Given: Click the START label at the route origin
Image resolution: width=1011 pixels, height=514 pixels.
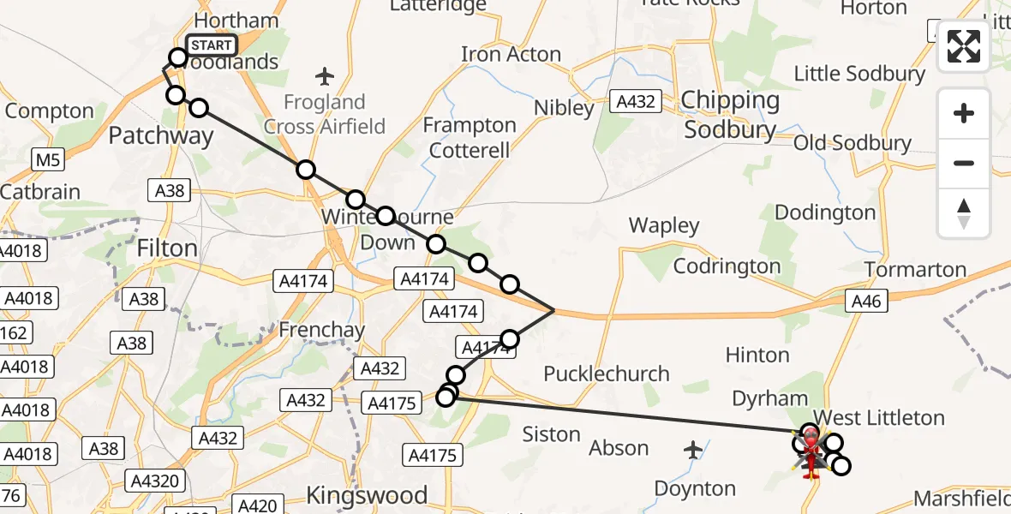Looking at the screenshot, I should [211, 45].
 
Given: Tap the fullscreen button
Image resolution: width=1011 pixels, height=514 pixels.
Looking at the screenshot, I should [964, 47].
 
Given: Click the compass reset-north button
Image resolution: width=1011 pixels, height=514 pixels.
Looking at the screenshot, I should [964, 213].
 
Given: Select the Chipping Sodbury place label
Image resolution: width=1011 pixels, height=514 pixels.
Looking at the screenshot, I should [731, 116].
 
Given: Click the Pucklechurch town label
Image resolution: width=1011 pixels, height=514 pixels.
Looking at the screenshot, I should [607, 374].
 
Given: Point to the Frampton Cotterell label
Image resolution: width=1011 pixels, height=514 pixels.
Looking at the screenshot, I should [470, 138].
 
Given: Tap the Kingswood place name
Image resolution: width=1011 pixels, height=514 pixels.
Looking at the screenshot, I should [367, 495].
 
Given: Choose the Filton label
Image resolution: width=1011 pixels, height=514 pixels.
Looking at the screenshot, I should [167, 248].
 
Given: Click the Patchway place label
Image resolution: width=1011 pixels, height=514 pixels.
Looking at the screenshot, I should [161, 135].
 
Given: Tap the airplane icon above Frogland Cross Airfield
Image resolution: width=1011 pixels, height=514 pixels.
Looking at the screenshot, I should [324, 77].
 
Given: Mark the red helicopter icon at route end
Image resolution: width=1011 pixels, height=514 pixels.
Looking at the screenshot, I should [810, 442].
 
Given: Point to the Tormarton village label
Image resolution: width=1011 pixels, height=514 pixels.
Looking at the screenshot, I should [915, 270].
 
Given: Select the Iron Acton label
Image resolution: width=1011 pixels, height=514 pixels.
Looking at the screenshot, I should [511, 54].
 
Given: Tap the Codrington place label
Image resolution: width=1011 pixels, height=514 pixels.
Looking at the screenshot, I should [727, 266].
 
